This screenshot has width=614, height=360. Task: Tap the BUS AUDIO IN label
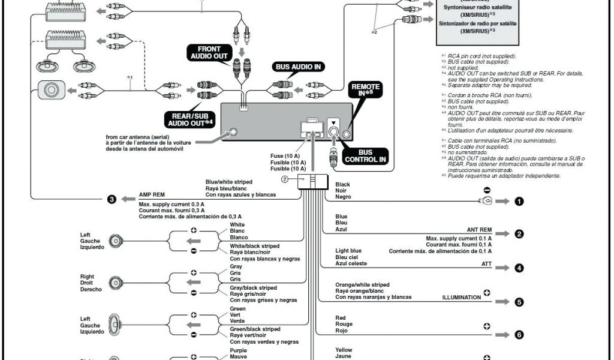(x=299, y=67)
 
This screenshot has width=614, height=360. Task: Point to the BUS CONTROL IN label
(x=365, y=157)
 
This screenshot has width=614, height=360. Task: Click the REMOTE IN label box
(x=365, y=90)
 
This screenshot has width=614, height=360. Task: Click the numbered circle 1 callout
(x=519, y=202)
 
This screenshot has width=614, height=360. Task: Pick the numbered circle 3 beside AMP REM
(x=112, y=199)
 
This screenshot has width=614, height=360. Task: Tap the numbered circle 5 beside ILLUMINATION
(x=519, y=302)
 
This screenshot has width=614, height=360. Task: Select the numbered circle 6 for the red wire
(x=519, y=335)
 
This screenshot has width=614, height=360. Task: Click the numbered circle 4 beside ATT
(x=519, y=268)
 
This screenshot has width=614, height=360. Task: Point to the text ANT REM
(x=479, y=230)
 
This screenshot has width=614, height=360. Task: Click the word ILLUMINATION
(x=461, y=297)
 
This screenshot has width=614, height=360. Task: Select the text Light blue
(x=348, y=250)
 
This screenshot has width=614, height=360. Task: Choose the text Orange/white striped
(x=362, y=284)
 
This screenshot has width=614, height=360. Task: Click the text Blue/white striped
(x=228, y=181)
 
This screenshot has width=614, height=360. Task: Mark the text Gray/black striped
(x=253, y=287)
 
